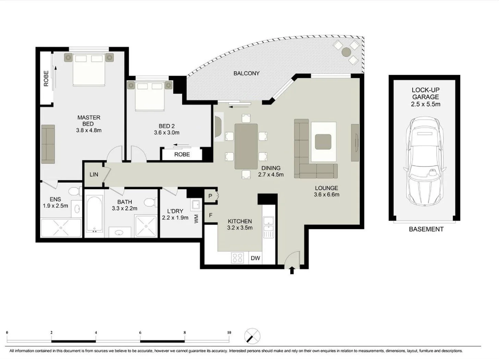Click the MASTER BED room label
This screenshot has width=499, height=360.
coord(89,121)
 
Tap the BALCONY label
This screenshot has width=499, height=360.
coord(246,73)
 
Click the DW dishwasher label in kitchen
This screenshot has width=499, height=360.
coord(255,258)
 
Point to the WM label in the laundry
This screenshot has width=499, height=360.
coord(196,219)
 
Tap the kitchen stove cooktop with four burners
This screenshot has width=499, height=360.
coord(238,258)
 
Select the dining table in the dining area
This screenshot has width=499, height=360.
coord(246,146)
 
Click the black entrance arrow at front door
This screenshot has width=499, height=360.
coord(292,271)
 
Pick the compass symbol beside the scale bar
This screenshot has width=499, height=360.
coord(252,336)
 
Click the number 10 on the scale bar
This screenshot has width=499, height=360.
coord(229,332)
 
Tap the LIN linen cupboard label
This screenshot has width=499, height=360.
coord(94,175)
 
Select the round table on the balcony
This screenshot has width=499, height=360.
coord(346,52)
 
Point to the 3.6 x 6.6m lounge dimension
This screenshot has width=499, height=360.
coord(326,194)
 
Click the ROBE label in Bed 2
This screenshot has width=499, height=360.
coord(182,155)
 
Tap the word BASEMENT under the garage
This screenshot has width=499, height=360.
coord(426,229)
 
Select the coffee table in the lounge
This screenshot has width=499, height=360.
coord(323,142)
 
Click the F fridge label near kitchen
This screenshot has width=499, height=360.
coord(211,215)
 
